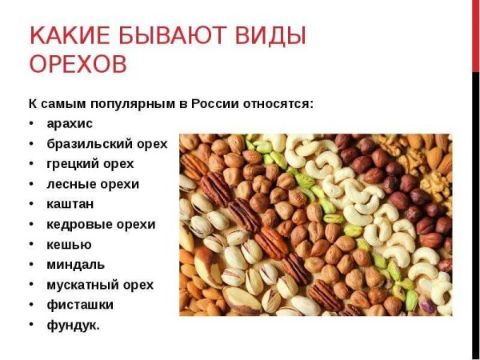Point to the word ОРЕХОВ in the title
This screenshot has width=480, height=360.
(x=78, y=65)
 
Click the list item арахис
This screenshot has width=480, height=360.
(x=70, y=124)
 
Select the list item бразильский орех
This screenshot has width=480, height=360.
(x=107, y=144)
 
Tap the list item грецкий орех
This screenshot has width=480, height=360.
(x=90, y=164)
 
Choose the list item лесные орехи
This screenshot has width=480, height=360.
(x=93, y=184)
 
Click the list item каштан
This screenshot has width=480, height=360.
(x=70, y=204)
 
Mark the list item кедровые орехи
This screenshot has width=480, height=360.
(x=101, y=224)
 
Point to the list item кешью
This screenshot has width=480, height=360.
(x=69, y=244)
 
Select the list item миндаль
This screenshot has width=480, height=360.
(x=75, y=264)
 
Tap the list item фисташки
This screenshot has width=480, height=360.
(x=80, y=305)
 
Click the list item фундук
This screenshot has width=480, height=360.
(x=74, y=325)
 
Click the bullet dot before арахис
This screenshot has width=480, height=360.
(x=30, y=124)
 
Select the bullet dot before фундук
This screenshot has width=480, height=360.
(x=30, y=325)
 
